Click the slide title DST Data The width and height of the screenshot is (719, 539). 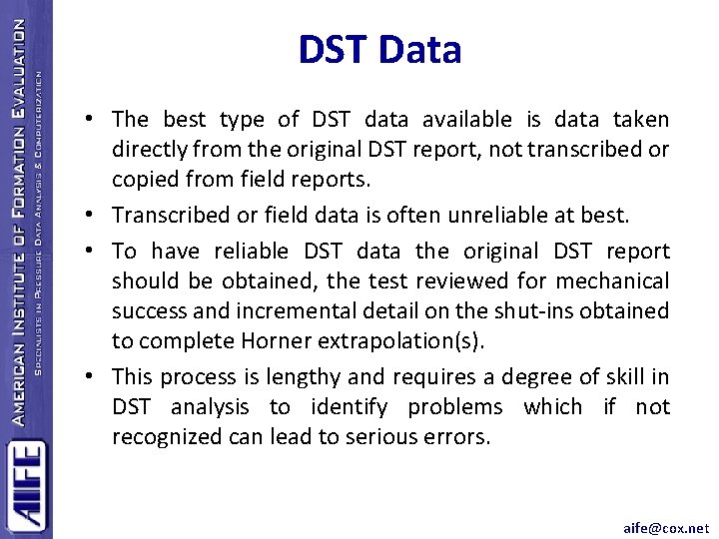coord(379,50)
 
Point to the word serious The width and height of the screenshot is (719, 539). coord(389,436)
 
